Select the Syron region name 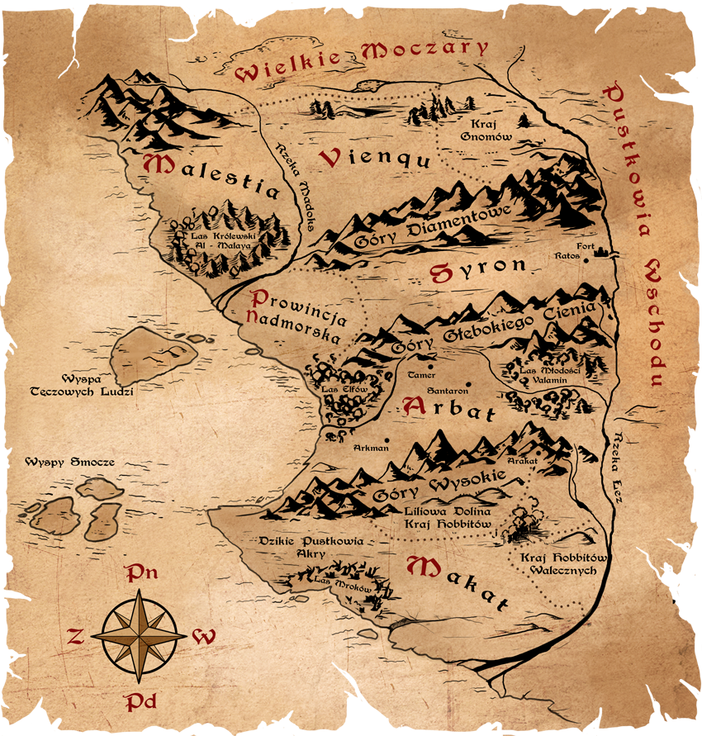point(477,268)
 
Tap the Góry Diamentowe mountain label point(434,225)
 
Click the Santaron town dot point(467,382)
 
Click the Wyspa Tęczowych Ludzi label point(92,385)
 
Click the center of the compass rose point(138,636)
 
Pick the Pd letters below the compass point(140,702)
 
